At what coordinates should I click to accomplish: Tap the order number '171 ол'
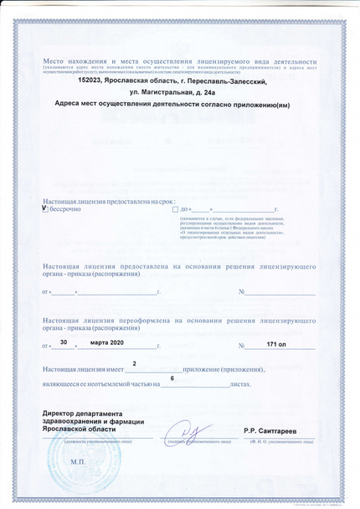tap(275, 344)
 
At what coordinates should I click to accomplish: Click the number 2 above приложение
tap(135, 362)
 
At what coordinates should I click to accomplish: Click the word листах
tap(241, 383)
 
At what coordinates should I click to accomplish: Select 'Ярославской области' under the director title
tap(78, 429)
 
